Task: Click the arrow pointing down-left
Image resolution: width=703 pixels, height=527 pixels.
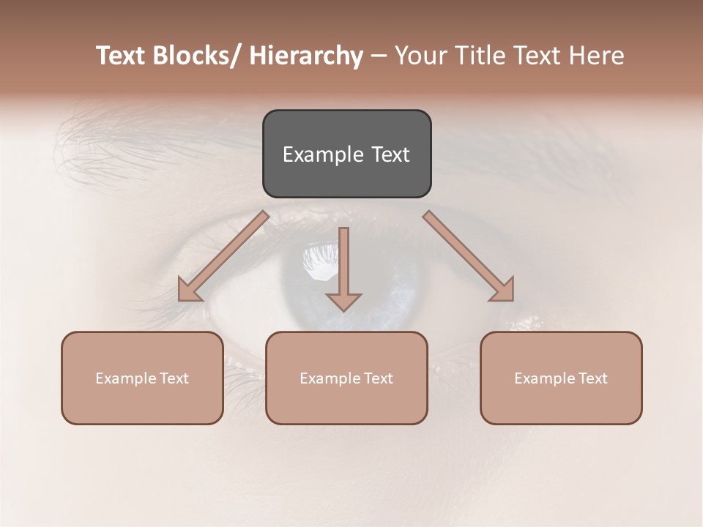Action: coord(223,256)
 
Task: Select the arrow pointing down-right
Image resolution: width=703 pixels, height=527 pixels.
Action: coord(469,256)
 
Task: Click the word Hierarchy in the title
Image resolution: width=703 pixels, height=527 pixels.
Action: coord(306,56)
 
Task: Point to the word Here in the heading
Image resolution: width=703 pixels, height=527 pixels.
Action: coord(597,56)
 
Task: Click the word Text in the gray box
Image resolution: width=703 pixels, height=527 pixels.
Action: coord(390,154)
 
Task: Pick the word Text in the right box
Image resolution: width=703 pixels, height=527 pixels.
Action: coord(593,378)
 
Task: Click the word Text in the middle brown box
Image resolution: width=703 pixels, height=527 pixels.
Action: coord(379,378)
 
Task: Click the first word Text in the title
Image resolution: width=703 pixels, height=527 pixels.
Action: coord(120,56)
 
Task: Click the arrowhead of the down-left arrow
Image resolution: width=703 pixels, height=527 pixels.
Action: coord(190,291)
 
